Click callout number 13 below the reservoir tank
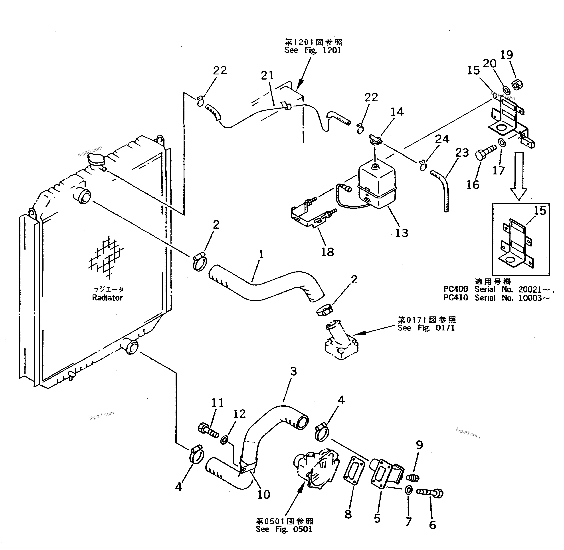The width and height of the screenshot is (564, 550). pyautogui.click(x=402, y=233)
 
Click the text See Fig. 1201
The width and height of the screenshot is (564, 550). pyautogui.click(x=313, y=50)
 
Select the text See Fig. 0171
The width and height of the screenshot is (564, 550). pyautogui.click(x=426, y=328)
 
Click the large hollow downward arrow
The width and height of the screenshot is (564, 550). pyautogui.click(x=518, y=176)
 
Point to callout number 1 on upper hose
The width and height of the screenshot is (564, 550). pyautogui.click(x=261, y=254)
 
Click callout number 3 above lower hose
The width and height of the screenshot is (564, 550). pyautogui.click(x=293, y=371)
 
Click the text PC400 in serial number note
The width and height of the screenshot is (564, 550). pyautogui.click(x=455, y=289)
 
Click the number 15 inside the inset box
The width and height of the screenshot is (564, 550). pyautogui.click(x=540, y=211)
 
